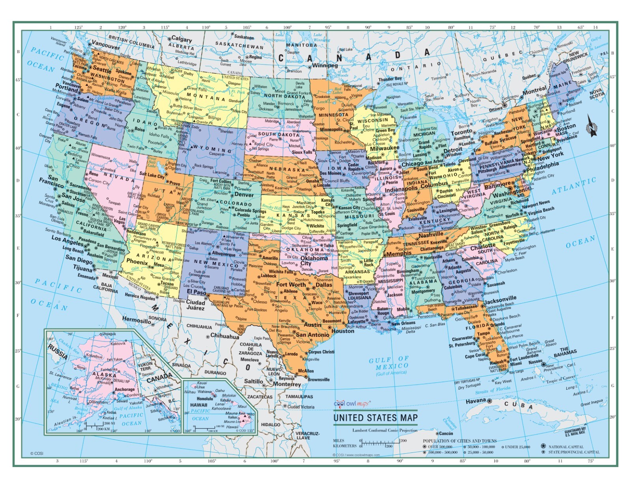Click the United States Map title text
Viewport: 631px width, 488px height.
coord(375,418)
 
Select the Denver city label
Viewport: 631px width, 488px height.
coord(244,195)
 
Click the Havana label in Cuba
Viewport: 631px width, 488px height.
coord(476,401)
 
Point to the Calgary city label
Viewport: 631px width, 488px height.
coord(181,39)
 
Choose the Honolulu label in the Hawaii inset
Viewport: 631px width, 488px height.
coord(205,399)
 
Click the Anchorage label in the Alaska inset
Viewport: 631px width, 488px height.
coord(125,389)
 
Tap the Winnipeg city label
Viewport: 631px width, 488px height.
coord(325,65)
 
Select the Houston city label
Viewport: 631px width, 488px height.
coord(343,331)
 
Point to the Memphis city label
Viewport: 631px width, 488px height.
coord(399,253)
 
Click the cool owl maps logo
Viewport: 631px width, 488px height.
coord(352,404)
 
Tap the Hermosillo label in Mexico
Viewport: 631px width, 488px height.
coord(136,319)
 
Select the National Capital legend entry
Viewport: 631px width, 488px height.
coord(566,447)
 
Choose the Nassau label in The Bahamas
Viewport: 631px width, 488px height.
coord(535,361)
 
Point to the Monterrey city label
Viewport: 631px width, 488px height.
coord(287,384)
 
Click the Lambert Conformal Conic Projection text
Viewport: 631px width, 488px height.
coord(385,430)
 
